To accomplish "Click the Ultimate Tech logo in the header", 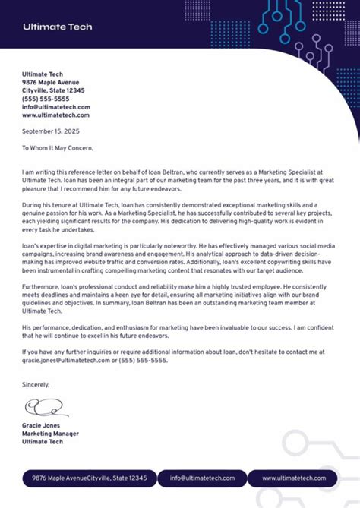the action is click(57, 27).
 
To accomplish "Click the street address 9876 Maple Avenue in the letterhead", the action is click(50, 82).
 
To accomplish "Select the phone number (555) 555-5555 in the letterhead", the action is click(46, 99).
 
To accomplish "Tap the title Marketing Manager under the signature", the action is click(50, 434).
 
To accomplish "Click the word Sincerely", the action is click(36, 385).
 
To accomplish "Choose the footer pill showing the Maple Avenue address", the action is click(90, 478).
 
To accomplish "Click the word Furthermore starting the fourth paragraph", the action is click(41, 287).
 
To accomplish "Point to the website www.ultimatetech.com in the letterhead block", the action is click(55, 115).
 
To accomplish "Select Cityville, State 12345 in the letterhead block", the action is click(57, 90).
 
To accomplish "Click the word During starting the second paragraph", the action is click(33, 205).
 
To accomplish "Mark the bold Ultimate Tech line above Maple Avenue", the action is click(43, 74).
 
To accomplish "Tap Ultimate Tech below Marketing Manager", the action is click(43, 442).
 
